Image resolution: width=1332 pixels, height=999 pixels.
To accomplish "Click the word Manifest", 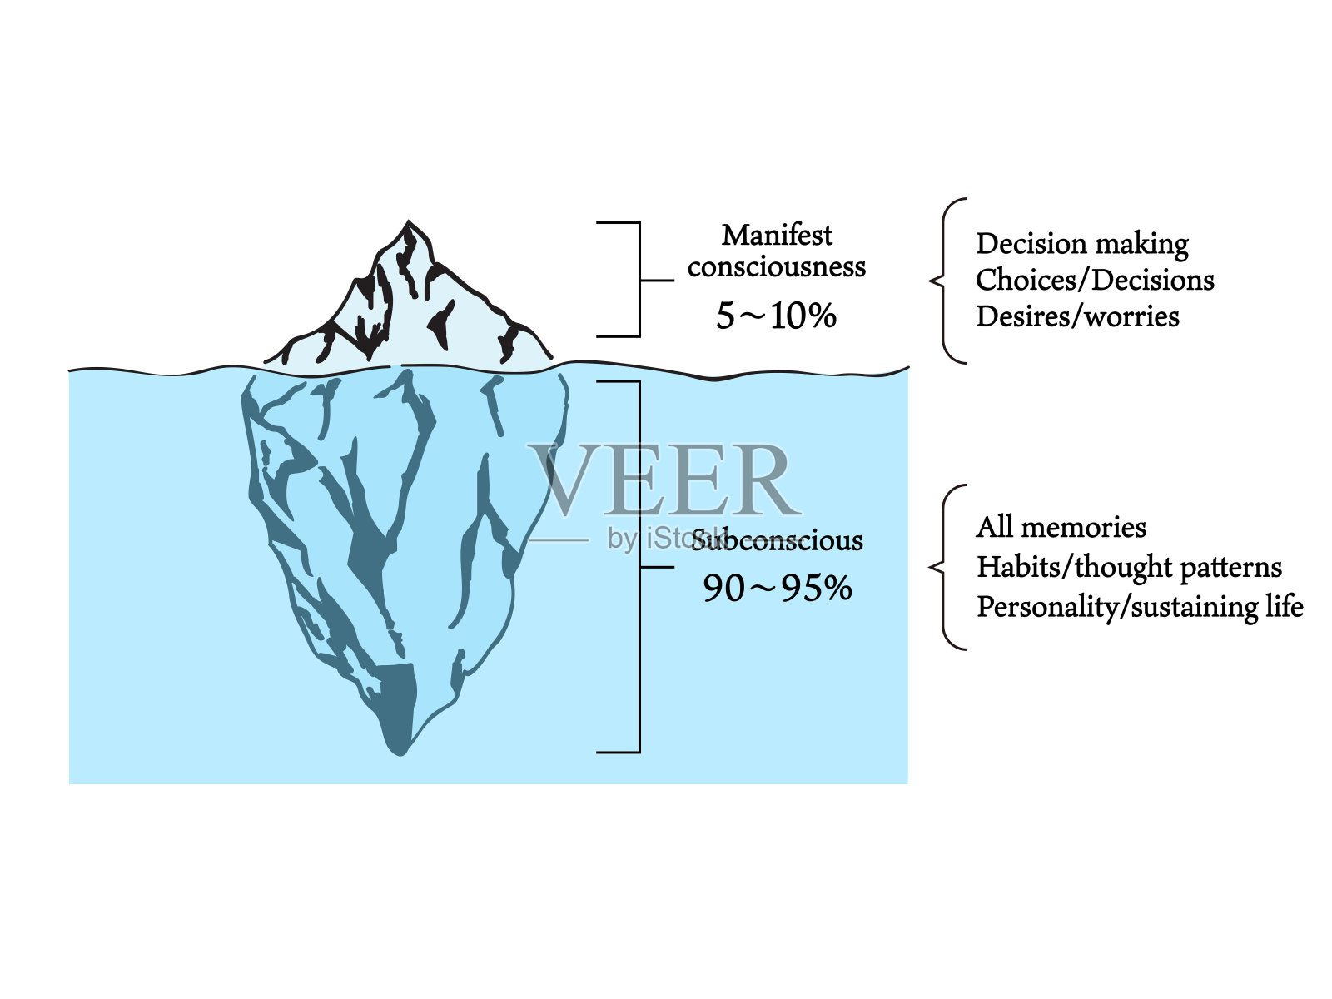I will tap(776, 236).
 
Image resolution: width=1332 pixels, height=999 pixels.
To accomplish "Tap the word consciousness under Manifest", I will tap(776, 267).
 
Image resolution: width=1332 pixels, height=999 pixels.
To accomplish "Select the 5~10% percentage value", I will tap(776, 316).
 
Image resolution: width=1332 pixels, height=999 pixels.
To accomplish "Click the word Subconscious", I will tap(778, 541).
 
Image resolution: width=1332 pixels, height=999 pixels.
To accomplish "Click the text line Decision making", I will tap(1081, 244).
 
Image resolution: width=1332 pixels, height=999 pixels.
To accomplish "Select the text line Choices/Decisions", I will tap(1095, 281).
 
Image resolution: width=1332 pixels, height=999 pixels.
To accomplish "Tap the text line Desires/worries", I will tap(1077, 316).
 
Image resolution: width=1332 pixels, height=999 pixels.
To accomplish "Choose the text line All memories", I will tap(1061, 527).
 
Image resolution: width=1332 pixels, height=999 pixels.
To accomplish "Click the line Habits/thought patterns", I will tap(1129, 567).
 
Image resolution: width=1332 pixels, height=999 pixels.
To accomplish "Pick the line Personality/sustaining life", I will tap(1140, 607).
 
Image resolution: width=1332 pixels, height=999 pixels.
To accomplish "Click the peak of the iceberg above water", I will tap(408, 225).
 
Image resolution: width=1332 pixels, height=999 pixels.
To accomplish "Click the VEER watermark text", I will tap(662, 480).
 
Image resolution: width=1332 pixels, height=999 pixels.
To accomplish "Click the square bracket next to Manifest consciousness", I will tap(639, 280).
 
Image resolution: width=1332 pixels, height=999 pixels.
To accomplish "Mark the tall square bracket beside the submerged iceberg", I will tap(639, 566).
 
